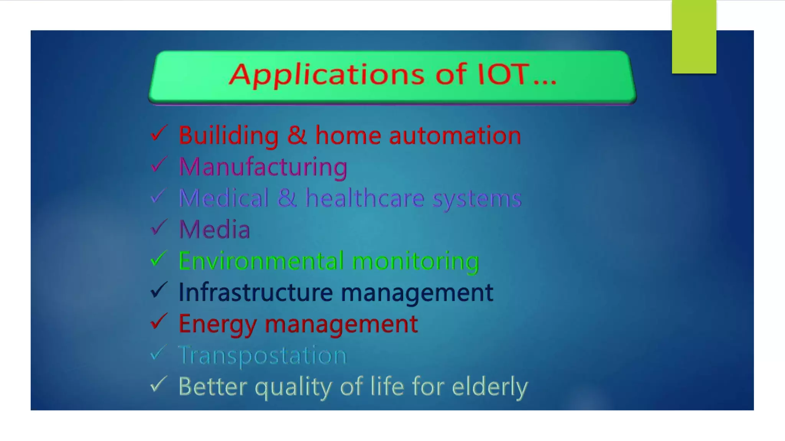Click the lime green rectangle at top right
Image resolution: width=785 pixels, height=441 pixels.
click(694, 37)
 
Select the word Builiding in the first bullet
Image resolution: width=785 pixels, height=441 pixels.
click(228, 136)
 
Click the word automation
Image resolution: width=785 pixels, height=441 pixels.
click(455, 136)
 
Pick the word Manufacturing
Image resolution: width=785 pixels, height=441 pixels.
click(263, 167)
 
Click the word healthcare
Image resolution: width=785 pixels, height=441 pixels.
click(365, 198)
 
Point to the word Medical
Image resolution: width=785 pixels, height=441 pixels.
click(223, 198)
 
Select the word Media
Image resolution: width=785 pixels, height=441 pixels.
click(215, 230)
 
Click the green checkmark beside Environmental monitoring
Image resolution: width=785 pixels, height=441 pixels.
click(158, 259)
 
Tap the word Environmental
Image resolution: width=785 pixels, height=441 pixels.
click(261, 261)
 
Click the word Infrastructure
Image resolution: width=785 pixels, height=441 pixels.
click(256, 293)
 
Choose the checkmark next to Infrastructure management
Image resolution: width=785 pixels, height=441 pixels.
click(158, 290)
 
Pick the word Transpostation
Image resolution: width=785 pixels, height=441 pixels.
click(263, 355)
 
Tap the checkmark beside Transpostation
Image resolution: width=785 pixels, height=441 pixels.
click(158, 353)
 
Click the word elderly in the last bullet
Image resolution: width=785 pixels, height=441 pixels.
click(489, 387)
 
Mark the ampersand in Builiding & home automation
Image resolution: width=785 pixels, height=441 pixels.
click(297, 136)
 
